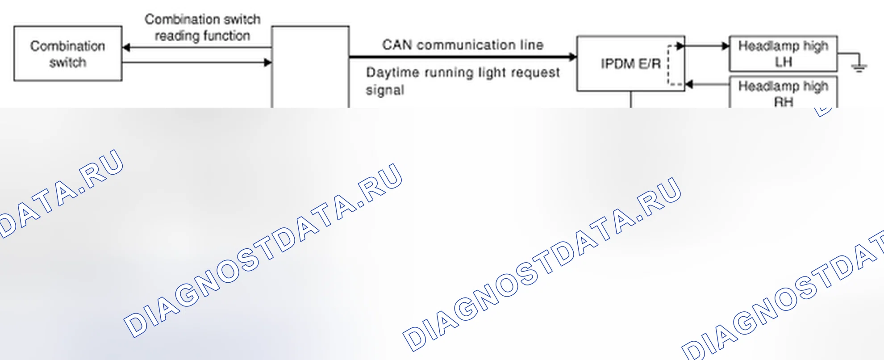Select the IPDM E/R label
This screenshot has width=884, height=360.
pos(630,64)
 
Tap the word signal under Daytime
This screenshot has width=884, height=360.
pos(385,90)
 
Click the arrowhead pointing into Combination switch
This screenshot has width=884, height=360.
pos(126,47)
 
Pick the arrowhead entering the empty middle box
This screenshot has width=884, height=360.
pos(267,62)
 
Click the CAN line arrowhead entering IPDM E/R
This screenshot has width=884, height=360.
pos(573,57)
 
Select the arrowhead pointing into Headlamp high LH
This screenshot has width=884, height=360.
pos(726,46)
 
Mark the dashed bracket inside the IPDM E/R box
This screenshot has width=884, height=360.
pos(669,65)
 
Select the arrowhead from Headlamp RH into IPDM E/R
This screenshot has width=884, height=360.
pos(689,84)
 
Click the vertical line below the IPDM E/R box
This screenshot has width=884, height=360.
pos(631,99)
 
